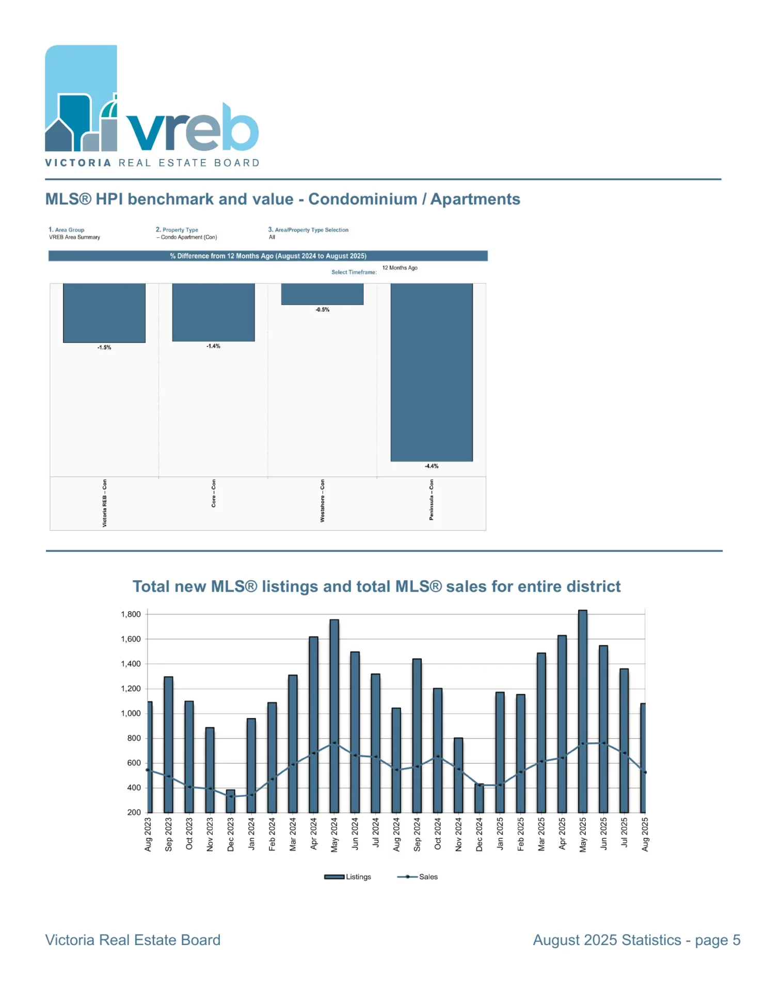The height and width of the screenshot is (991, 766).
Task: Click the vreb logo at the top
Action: pyautogui.click(x=152, y=106)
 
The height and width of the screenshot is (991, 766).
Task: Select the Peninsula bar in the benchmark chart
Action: pyautogui.click(x=432, y=372)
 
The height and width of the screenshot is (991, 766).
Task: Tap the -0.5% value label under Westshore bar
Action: pyautogui.click(x=323, y=310)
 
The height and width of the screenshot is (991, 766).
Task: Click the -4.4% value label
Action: pyautogui.click(x=432, y=466)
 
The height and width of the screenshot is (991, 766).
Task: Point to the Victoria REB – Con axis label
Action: pyautogui.click(x=105, y=503)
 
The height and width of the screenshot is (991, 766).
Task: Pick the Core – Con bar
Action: pyautogui.click(x=213, y=312)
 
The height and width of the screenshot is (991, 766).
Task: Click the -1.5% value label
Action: pyautogui.click(x=104, y=347)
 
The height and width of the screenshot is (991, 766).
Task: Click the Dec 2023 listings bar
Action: pyautogui.click(x=231, y=801)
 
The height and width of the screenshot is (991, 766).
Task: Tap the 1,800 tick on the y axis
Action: pyautogui.click(x=131, y=614)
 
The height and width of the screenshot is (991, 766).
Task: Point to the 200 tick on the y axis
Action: pyautogui.click(x=134, y=812)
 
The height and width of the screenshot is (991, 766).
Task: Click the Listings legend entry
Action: pyautogui.click(x=348, y=877)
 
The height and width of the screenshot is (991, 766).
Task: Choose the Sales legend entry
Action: pyautogui.click(x=418, y=877)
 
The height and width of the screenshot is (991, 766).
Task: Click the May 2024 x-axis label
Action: pyautogui.click(x=334, y=835)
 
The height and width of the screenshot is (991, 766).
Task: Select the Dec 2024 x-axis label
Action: pyautogui.click(x=480, y=834)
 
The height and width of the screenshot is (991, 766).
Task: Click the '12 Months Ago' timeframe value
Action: pyautogui.click(x=400, y=268)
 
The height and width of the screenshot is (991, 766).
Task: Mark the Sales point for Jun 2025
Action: pyautogui.click(x=603, y=743)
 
